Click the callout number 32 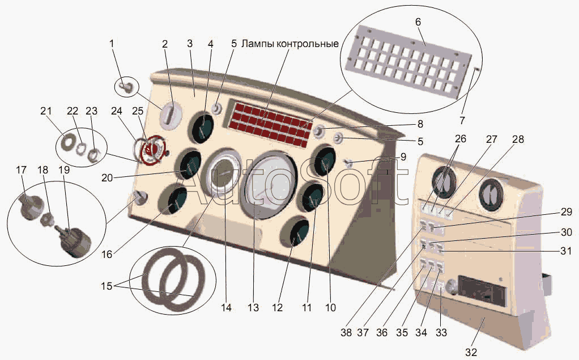471,352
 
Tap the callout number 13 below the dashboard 253,308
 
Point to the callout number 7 463,120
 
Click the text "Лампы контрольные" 290,44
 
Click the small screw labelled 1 126,87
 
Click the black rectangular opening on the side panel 482,290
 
